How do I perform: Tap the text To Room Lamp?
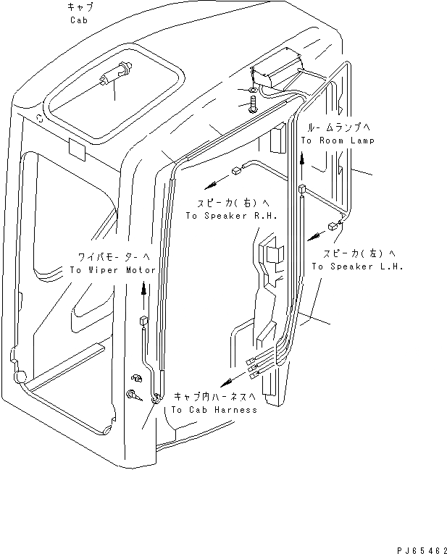tap(338, 140)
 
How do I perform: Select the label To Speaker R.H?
tap(231, 216)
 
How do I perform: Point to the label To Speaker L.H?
tap(357, 266)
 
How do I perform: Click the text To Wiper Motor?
tap(112, 269)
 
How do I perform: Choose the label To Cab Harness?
tap(214, 410)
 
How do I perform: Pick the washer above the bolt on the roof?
tap(251, 91)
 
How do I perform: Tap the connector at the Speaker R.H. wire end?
tap(235, 172)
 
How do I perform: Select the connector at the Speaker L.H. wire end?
tap(332, 226)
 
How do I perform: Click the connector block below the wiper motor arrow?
tap(143, 322)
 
